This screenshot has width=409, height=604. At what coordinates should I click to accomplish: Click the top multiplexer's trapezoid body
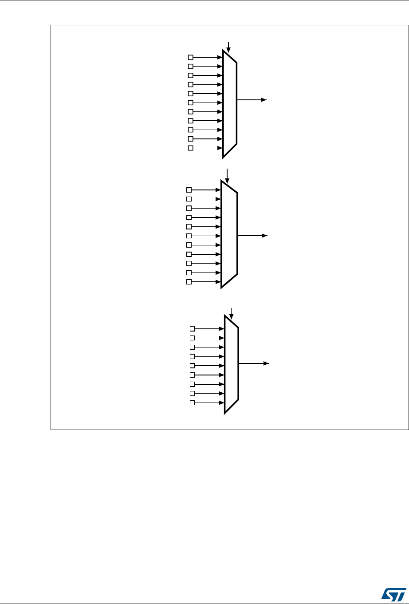pos(230,103)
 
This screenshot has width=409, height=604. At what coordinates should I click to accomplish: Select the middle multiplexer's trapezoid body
pos(229,234)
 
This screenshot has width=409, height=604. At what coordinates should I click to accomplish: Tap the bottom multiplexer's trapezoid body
pos(232,364)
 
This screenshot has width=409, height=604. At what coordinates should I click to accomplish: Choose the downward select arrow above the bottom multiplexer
pos(231,313)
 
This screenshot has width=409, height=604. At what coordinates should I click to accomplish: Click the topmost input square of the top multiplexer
pos(191,57)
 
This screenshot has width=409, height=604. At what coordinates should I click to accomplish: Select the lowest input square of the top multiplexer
pos(191,148)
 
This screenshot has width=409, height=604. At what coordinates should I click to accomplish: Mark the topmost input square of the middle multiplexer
pos(189,190)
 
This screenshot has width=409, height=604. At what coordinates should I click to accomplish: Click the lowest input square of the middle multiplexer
pos(189,282)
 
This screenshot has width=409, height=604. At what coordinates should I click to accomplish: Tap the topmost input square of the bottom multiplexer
pos(193,329)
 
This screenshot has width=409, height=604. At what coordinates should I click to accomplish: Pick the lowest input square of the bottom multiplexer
pos(193,403)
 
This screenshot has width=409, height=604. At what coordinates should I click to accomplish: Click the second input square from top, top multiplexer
pos(191,67)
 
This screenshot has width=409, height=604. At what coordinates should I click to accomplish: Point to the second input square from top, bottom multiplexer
pos(193,338)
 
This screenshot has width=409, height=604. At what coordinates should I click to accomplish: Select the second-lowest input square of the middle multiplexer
pos(189,272)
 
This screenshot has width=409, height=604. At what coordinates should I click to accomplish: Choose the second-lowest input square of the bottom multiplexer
pos(193,393)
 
